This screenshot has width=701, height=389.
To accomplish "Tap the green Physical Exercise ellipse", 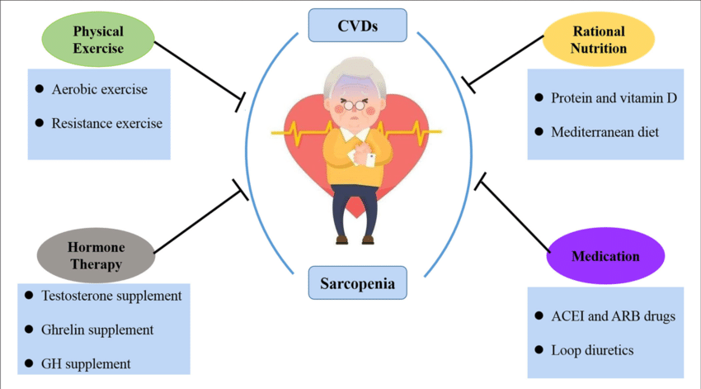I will coord(98,40).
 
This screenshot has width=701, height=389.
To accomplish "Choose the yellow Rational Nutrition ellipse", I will coord(599,40).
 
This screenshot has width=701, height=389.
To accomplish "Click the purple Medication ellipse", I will coord(605,256).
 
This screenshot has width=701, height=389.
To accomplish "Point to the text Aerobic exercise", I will coord(99,89).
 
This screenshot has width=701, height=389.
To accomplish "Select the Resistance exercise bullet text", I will coord(106,124).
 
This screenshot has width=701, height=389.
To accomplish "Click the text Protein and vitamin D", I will coord(614,97).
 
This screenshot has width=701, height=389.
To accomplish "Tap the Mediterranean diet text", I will coord(605,131).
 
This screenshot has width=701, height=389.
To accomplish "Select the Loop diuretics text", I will coord(592,350).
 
